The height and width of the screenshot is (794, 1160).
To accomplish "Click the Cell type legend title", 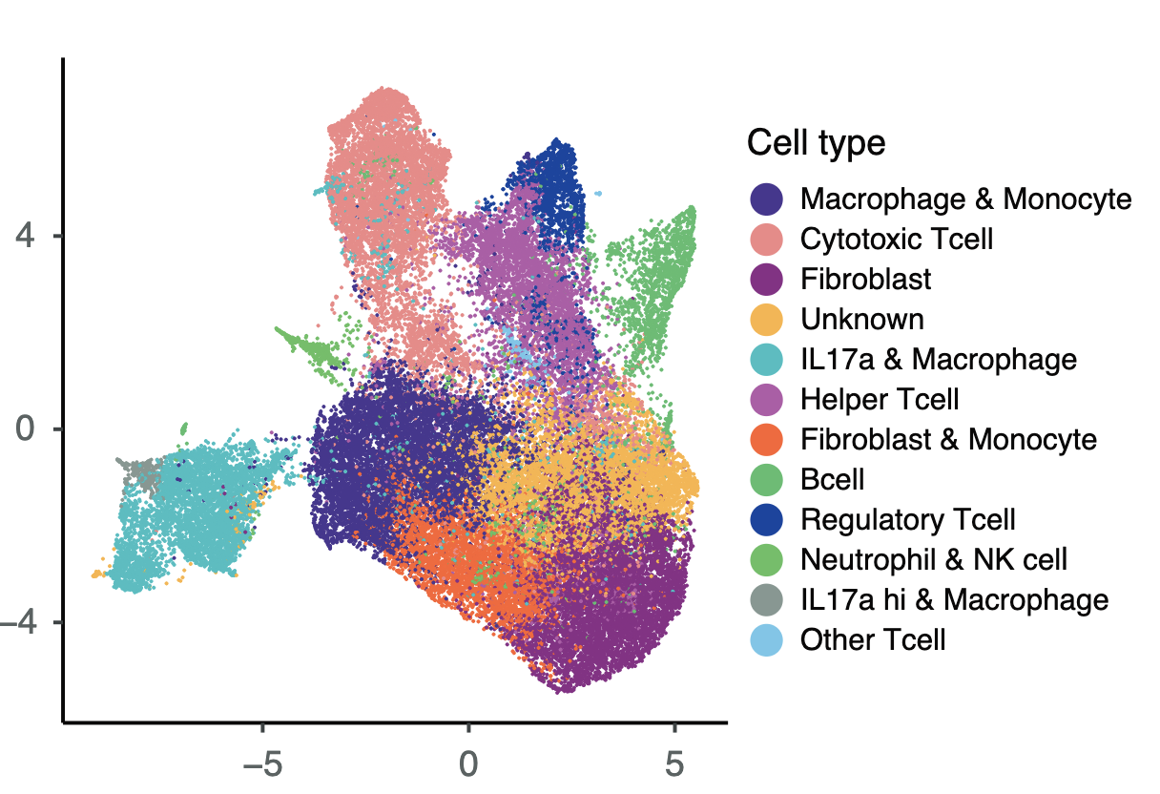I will pyautogui.click(x=816, y=143).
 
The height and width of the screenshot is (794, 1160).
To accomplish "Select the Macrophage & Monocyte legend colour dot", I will pyautogui.click(x=767, y=199).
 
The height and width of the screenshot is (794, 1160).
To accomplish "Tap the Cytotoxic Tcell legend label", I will pyautogui.click(x=897, y=239).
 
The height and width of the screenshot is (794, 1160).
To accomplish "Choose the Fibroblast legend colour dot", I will pyautogui.click(x=767, y=279).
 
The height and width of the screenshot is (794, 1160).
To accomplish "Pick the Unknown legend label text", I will pyautogui.click(x=862, y=319).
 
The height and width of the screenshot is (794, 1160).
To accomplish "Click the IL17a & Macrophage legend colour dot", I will pyautogui.click(x=767, y=359).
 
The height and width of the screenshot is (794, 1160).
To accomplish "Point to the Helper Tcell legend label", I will pyautogui.click(x=880, y=399).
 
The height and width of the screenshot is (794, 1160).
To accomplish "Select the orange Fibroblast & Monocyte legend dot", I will pyautogui.click(x=767, y=439).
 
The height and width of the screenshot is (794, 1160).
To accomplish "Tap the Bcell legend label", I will pyautogui.click(x=833, y=479).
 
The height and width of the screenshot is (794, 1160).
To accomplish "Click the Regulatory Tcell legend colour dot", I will pyautogui.click(x=767, y=519).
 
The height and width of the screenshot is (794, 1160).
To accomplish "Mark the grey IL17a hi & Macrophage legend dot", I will pyautogui.click(x=767, y=599).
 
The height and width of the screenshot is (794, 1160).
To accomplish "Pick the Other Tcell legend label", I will pyautogui.click(x=873, y=639).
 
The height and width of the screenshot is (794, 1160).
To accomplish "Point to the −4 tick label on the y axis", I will pyautogui.click(x=23, y=622).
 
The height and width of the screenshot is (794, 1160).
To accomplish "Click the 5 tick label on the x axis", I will pyautogui.click(x=674, y=763).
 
